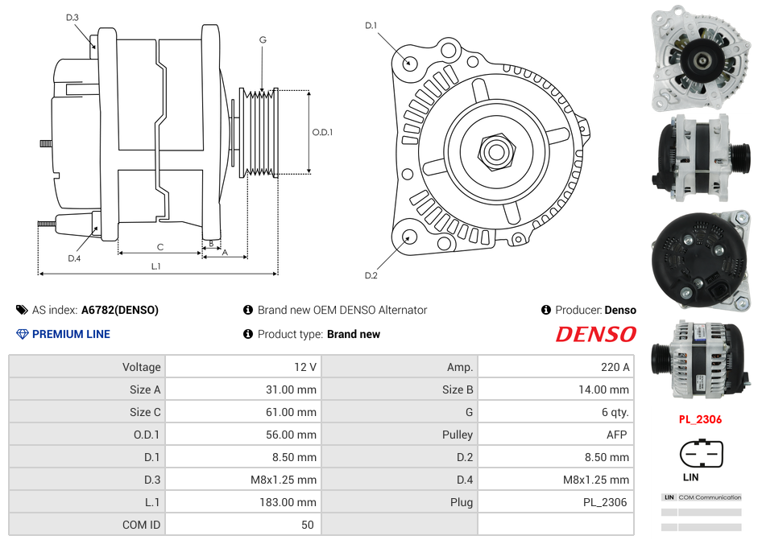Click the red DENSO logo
pos(595,334)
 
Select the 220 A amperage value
pos(615,367)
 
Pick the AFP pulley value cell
pos(618,435)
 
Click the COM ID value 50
pos(307,525)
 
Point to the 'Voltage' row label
pos(141,367)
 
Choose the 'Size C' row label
pos(145,412)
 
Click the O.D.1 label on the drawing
pos(322,132)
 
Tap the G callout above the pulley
pos(263,39)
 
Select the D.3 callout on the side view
pos(72,17)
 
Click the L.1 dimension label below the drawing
pos(156,266)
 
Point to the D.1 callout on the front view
pos(371,26)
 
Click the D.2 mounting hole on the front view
pos(409,236)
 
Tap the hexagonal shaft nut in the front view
pos(496,150)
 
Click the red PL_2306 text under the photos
pos(699,419)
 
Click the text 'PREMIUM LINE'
pos(71,334)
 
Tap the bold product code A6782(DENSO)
pos(120,310)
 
